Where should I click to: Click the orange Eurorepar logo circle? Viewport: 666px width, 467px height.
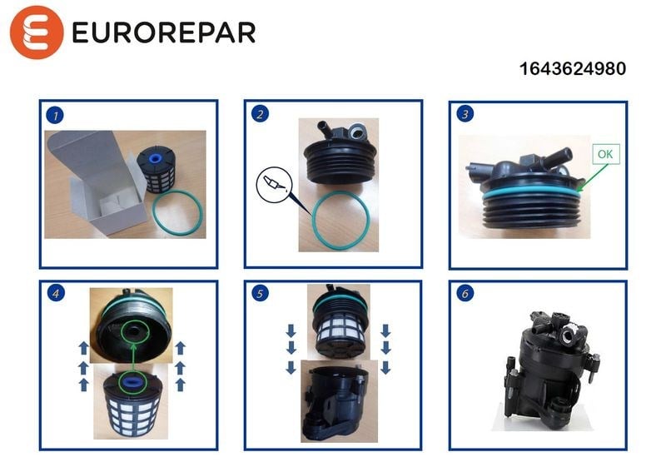pyautogui.click(x=37, y=32)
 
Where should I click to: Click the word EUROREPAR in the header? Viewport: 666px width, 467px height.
pyautogui.click(x=164, y=32)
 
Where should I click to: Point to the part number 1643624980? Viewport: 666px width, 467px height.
pyautogui.click(x=573, y=69)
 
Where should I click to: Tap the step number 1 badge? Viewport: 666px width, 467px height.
pyautogui.click(x=55, y=115)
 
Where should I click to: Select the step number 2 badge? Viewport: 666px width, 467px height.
pyautogui.click(x=260, y=114)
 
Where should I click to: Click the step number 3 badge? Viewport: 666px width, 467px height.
pyautogui.click(x=465, y=114)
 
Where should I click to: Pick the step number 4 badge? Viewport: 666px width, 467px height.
pyautogui.click(x=56, y=293)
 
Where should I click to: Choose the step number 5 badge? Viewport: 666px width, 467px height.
pyautogui.click(x=260, y=293)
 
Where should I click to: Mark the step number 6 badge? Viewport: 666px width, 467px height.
pyautogui.click(x=465, y=293)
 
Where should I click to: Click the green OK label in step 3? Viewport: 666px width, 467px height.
pyautogui.click(x=606, y=154)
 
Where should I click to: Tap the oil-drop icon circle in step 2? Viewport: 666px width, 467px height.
pyautogui.click(x=275, y=184)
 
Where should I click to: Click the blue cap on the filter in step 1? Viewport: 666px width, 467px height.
pyautogui.click(x=155, y=159)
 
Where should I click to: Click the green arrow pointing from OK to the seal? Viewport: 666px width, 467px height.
pyautogui.click(x=593, y=177)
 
